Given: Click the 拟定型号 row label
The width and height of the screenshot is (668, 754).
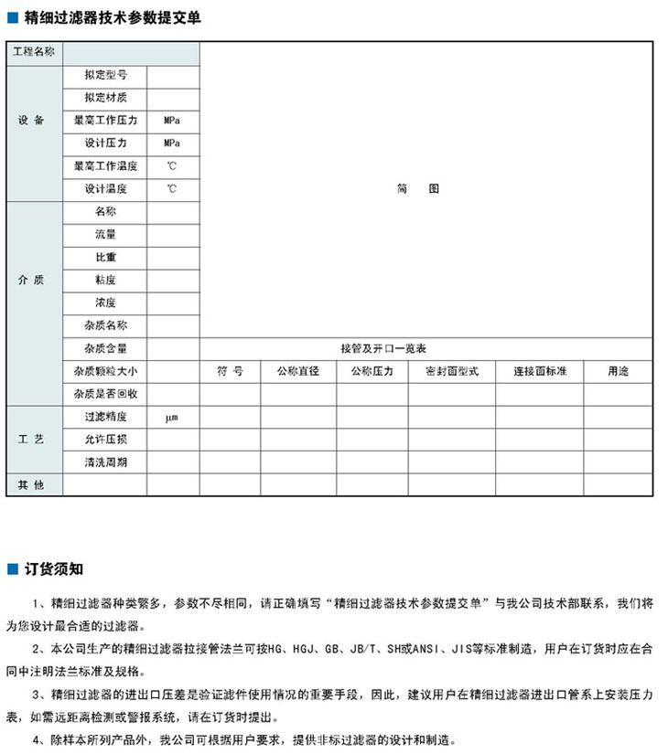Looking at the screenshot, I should click(105, 75).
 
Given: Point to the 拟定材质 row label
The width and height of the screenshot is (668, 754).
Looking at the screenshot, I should click(105, 98).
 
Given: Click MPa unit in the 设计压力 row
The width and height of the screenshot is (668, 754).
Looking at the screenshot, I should click(171, 143).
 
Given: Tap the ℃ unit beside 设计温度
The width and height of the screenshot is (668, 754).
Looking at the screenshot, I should click(171, 189).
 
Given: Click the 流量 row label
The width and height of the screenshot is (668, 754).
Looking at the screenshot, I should click(105, 235).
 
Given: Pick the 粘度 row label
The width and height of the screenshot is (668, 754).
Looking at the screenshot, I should click(105, 280).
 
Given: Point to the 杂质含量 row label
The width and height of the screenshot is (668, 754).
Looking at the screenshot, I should click(105, 348).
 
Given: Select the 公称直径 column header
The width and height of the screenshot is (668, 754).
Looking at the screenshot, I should click(297, 371).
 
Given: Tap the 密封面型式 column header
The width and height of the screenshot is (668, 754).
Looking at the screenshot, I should click(452, 371).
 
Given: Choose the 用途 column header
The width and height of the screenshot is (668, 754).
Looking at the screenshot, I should click(619, 371).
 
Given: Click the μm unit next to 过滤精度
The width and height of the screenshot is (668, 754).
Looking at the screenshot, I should click(171, 417).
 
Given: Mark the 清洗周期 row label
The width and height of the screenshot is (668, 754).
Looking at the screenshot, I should click(105, 462).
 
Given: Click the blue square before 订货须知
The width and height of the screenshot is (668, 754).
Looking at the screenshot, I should click(14, 569).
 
